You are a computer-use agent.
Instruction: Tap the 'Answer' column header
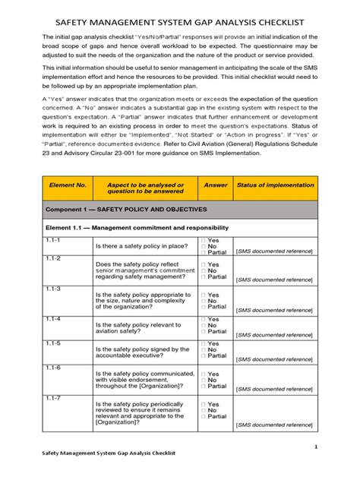tap(216, 185)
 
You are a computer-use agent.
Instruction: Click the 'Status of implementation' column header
tap(275, 185)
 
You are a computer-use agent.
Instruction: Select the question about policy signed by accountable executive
tap(141, 353)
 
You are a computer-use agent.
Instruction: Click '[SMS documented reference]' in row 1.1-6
tap(275, 389)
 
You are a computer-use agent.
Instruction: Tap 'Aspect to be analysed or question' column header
tap(145, 188)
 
